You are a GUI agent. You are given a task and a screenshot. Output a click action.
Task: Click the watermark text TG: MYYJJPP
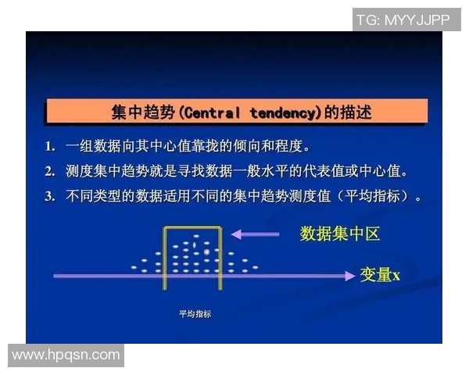[403, 20]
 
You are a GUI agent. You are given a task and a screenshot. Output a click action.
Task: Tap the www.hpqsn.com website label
[66, 355]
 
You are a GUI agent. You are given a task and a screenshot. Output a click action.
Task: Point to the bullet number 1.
[49, 146]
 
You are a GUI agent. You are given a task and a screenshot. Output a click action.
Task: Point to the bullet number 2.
[49, 171]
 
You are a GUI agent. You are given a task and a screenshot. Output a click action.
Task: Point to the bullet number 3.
[49, 196]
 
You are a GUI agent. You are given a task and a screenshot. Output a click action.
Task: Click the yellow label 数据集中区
[340, 234]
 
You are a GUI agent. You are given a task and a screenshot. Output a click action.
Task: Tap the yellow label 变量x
[380, 275]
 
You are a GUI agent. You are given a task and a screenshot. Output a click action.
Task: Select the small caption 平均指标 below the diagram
[195, 315]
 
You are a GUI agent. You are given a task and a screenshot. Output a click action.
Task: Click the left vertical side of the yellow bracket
[164, 258]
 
